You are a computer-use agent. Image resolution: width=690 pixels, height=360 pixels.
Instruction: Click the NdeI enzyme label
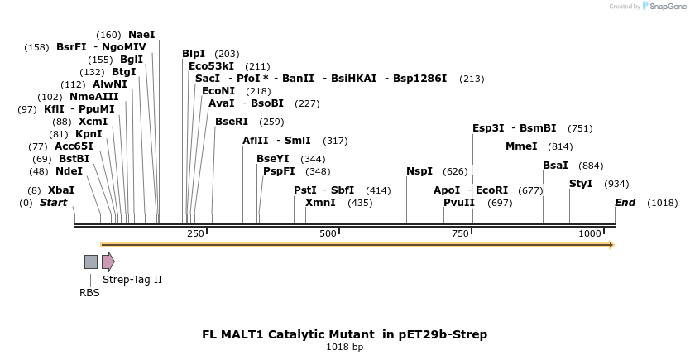[69, 171]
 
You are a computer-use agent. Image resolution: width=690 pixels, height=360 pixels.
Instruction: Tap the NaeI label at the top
[141, 34]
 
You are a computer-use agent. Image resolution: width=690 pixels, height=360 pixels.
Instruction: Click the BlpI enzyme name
[194, 54]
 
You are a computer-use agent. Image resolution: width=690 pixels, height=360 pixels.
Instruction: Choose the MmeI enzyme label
[521, 146]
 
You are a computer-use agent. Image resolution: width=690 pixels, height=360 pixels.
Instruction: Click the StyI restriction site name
[581, 183]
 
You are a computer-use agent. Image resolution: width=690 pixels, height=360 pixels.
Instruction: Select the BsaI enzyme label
[555, 166]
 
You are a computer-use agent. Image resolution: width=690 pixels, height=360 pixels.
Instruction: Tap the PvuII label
[459, 202]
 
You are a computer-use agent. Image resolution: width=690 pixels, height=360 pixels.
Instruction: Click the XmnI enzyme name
[320, 202]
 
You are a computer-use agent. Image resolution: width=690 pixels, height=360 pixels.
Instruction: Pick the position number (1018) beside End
[662, 203]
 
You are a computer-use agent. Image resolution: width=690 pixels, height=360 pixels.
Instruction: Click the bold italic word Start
[54, 202]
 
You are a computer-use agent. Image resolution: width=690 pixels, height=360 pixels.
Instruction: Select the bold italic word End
[625, 202]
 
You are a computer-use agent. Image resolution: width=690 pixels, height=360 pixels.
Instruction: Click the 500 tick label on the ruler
[328, 234]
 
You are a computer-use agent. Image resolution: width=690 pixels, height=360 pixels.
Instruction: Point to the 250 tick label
[196, 234]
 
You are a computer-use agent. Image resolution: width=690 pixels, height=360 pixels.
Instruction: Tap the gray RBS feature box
[91, 262]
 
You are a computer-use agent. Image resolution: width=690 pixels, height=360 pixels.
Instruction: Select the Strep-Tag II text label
[132, 280]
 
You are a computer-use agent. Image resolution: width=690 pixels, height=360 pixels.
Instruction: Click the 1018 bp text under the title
[345, 347]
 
